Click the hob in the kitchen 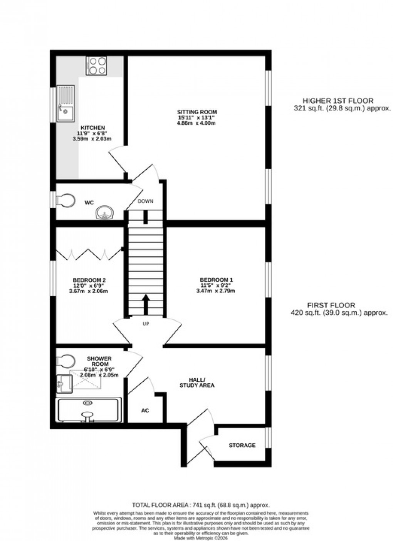96,66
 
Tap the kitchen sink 65,103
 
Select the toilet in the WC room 65,200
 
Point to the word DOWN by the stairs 146,201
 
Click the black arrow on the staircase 146,304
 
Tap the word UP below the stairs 146,324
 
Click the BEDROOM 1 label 216,280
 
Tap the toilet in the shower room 64,361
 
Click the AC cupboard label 145,411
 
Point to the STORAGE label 242,445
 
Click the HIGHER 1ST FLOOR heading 338,101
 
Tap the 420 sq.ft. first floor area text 339,313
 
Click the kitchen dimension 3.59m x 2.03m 92,139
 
